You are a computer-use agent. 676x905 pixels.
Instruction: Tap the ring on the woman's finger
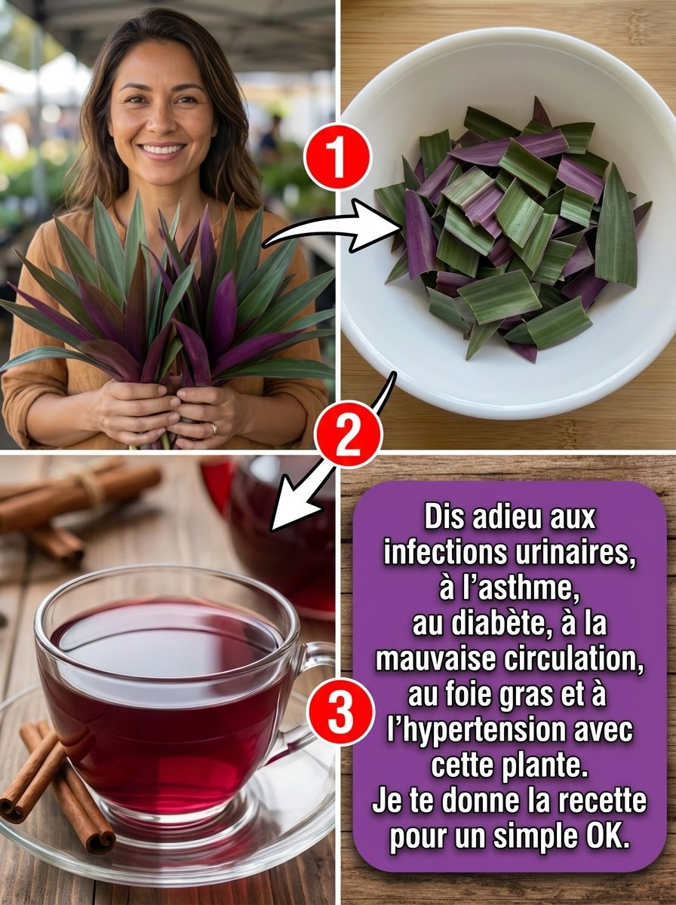point(214,430)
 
